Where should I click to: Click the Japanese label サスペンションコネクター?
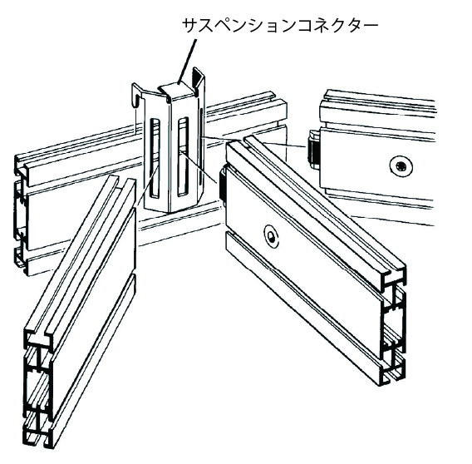pos(280,26)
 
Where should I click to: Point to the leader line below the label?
pos(187,61)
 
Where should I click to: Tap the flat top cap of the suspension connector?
pos(176,90)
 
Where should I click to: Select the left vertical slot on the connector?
pos(155,158)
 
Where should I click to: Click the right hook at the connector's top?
pos(199,79)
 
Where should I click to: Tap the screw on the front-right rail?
pos(272,235)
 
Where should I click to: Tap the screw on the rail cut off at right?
pos(400,165)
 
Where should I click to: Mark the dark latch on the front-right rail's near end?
pos(223,185)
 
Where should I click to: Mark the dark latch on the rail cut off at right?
pos(313,149)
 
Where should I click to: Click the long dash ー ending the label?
pos(370,26)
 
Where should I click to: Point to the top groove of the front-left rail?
pos(81,256)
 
